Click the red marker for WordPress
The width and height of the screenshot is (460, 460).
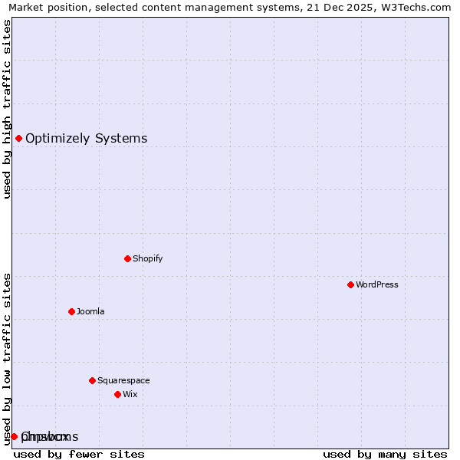(x=350, y=284)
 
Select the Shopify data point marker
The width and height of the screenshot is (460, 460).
(x=127, y=258)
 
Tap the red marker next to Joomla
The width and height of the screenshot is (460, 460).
(x=71, y=311)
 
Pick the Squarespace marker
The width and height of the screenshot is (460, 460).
(x=92, y=380)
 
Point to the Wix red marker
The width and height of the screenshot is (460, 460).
(x=117, y=394)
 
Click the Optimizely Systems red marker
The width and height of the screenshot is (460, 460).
(x=18, y=138)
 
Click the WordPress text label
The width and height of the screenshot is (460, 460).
(x=377, y=284)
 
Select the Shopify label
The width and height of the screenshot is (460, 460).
(x=148, y=258)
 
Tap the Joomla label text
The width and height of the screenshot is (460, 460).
(x=90, y=311)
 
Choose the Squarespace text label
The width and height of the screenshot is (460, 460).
(x=123, y=380)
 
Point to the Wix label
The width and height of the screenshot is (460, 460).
(x=130, y=394)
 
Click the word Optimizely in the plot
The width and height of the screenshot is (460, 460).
(x=58, y=139)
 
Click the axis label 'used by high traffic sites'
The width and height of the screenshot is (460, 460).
(x=8, y=109)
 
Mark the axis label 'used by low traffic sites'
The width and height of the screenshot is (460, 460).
(x=8, y=359)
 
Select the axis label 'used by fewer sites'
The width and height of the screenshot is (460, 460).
(x=79, y=454)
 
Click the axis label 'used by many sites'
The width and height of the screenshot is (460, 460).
(x=385, y=454)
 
